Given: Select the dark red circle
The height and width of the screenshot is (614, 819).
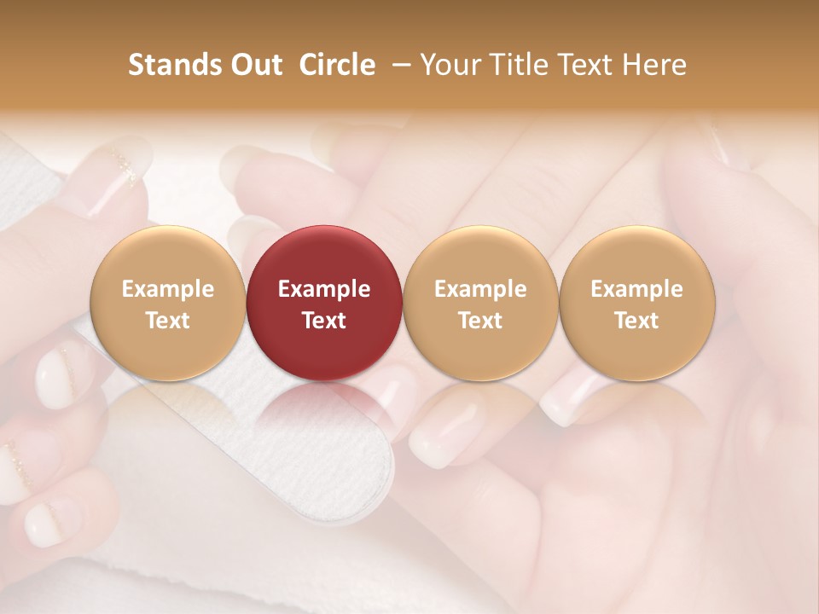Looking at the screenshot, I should tap(324, 256).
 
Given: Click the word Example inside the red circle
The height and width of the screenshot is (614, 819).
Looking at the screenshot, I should tap(324, 289).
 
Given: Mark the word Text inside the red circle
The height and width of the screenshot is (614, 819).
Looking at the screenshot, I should tap(324, 321).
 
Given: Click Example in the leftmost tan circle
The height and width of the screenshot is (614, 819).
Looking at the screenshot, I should tap(167, 289).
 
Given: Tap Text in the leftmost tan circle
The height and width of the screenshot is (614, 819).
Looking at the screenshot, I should tap(167, 321).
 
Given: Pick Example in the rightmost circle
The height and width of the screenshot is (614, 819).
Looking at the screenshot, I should tap(636, 289).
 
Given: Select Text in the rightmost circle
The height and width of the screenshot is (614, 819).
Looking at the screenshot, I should tap(636, 321).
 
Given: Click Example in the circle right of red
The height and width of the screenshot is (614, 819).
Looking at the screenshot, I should tap(480, 289).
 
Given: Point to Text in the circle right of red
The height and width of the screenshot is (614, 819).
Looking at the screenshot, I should tap(480, 321).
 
